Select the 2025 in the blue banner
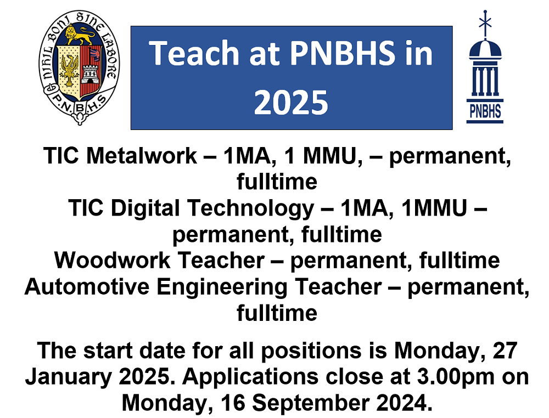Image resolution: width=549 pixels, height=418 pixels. (x=291, y=101)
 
